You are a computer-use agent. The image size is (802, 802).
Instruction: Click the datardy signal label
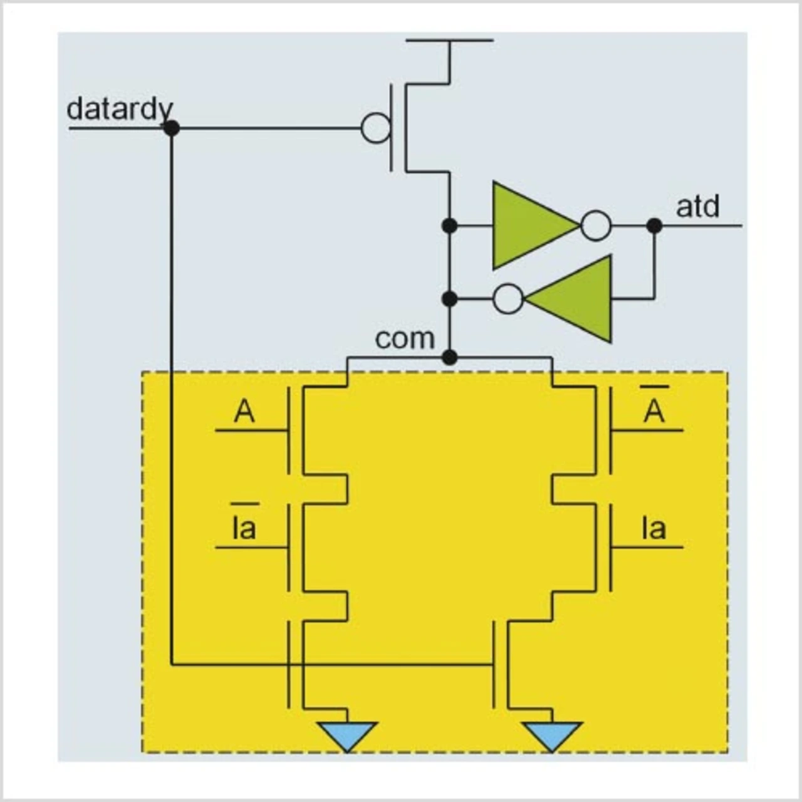[119, 109]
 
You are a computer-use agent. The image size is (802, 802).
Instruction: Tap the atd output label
[697, 207]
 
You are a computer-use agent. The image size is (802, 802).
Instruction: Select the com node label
[404, 338]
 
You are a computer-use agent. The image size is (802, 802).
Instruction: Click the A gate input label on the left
[244, 412]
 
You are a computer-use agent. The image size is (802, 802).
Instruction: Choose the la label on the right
[654, 528]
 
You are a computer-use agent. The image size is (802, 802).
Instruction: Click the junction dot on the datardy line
[171, 128]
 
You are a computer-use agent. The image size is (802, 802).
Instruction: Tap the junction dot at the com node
[449, 358]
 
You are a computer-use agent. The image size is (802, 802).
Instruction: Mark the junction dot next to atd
[654, 226]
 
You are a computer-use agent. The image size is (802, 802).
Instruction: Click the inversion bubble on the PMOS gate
[375, 128]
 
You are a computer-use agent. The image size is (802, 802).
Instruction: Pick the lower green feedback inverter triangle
[573, 299]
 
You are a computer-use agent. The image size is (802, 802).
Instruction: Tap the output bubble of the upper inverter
[596, 226]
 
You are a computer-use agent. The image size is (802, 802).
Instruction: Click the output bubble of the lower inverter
[508, 299]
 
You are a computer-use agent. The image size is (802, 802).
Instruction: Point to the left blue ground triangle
[347, 734]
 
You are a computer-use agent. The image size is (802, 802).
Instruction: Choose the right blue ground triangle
[552, 734]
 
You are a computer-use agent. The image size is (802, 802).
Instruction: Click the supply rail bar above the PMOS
[449, 40]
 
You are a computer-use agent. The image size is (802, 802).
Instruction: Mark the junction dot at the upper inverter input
[449, 226]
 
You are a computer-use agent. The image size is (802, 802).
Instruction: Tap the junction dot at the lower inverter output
[449, 299]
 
